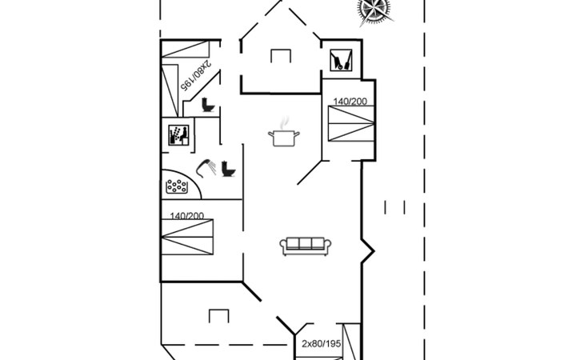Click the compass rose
374,11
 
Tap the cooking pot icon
284,138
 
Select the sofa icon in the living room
306,246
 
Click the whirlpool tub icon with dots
177,186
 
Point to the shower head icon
206,168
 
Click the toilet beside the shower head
228,169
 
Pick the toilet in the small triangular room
208,105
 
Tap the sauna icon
178,134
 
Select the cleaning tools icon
341,60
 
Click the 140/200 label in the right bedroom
350,102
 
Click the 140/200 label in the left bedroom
186,215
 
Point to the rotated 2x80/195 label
196,74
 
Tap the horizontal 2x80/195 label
321,344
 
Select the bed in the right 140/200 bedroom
351,123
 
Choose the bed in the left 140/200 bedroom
187,237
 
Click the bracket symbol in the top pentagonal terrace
281,56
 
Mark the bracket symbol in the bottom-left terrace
219,316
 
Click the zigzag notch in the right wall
368,251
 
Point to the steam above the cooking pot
285,122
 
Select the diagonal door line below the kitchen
309,172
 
